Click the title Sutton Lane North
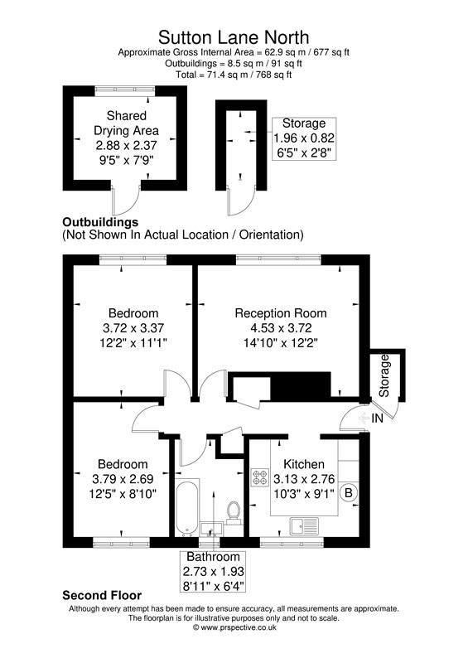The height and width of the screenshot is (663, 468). tap(234, 36)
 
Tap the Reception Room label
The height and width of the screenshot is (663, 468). tap(280, 313)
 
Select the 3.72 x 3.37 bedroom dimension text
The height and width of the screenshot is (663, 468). tap(133, 327)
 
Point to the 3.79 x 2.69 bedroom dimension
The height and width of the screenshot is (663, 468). tap(123, 478)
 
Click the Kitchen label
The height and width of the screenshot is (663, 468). tap(304, 464)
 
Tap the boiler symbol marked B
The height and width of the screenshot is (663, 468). tap(349, 493)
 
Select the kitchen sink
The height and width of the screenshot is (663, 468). tap(303, 525)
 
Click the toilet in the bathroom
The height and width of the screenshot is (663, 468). tap(233, 512)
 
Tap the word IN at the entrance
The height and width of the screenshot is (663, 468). tap(377, 420)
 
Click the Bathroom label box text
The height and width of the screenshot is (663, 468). tap(213, 558)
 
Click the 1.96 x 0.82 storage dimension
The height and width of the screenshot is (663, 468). tap(304, 138)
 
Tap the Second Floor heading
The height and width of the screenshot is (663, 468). tap(102, 595)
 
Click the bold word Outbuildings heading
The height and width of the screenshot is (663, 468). tap(100, 222)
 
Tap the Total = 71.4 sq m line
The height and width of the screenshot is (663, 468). tap(234, 74)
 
